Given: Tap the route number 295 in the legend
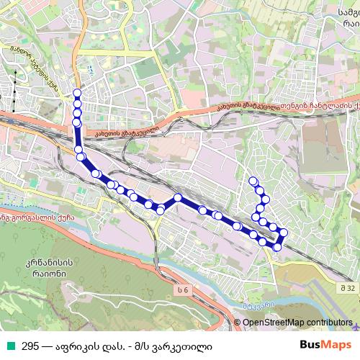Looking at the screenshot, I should [x=30, y=346].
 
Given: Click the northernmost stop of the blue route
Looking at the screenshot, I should [x=77, y=93].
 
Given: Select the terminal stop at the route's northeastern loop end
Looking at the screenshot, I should [x=252, y=181].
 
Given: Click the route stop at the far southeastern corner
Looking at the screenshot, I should [x=277, y=247].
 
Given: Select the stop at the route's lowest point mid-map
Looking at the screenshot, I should [x=161, y=210].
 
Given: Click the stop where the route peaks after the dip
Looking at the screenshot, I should [x=178, y=196].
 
